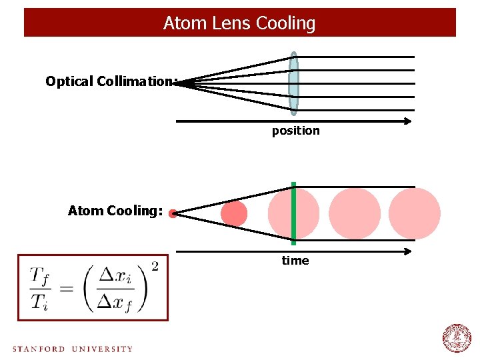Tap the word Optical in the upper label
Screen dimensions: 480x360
click(69, 81)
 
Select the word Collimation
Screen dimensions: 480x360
click(135, 81)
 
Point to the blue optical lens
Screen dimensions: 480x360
click(294, 83)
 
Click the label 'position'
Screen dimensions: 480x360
click(295, 131)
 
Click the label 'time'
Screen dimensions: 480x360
click(295, 261)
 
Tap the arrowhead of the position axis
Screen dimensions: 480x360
click(407, 121)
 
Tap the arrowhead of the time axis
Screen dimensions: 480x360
click(407, 251)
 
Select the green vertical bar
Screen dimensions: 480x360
click(293, 213)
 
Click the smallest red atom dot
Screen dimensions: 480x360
click(173, 214)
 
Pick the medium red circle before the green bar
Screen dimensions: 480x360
click(234, 214)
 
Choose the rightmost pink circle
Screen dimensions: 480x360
click(415, 214)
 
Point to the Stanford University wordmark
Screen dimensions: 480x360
click(73, 349)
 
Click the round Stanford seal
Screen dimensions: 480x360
click(457, 337)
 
